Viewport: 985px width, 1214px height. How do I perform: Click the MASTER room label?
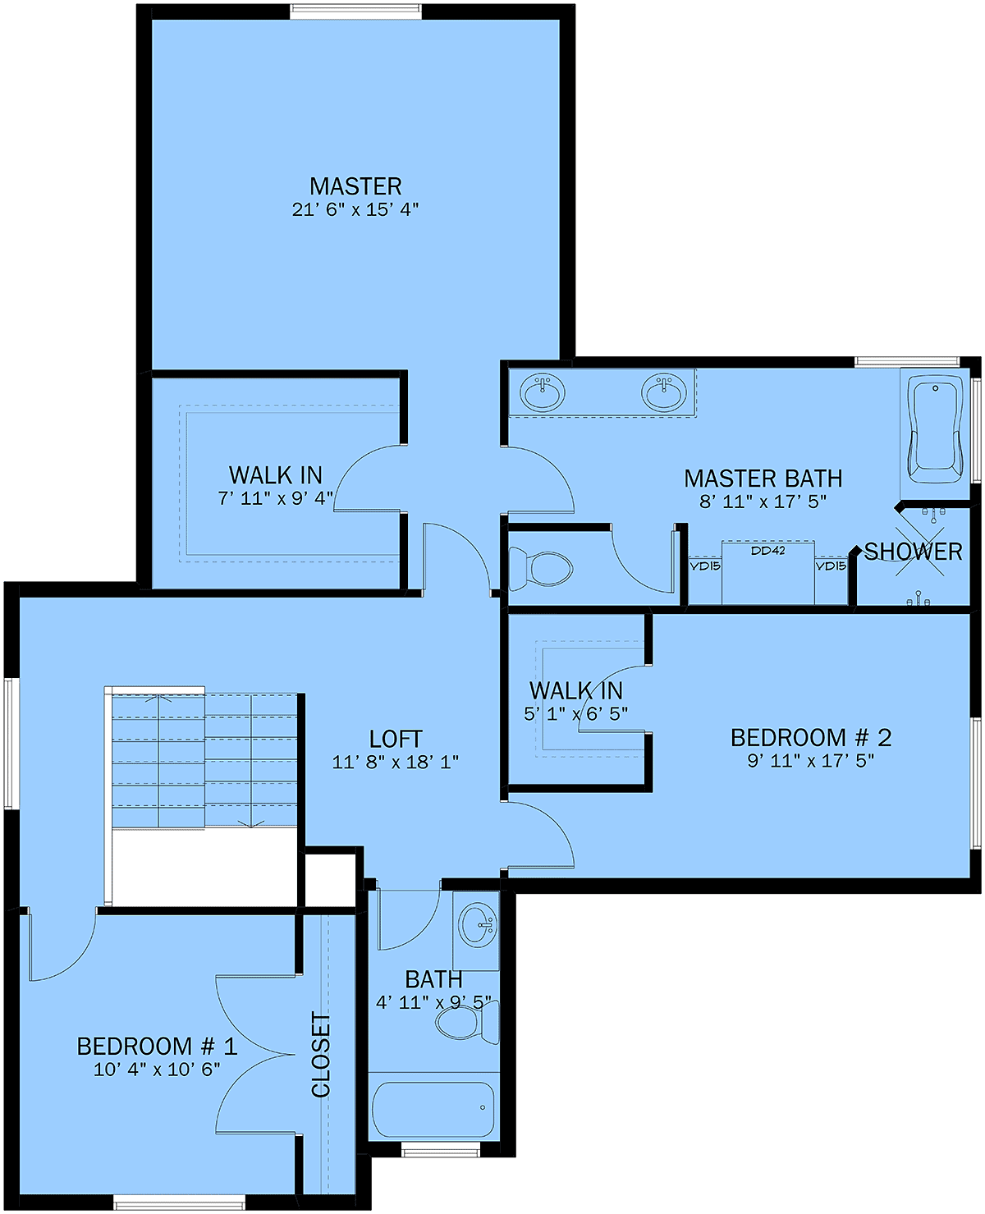[355, 186]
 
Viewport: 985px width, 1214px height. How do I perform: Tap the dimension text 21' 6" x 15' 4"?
[355, 210]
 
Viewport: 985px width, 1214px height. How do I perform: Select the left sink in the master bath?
[542, 392]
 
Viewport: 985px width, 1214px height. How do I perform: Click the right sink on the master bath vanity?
[663, 392]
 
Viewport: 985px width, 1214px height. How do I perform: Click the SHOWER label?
[913, 551]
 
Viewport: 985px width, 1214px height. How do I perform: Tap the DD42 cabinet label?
[767, 551]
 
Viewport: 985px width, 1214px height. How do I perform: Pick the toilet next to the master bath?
[540, 568]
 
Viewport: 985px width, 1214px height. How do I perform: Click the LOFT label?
[396, 739]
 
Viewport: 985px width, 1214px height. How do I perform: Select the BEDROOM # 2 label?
[811, 738]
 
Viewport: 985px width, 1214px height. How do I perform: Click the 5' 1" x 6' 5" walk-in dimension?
[575, 713]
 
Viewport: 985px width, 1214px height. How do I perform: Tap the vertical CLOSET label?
[321, 1055]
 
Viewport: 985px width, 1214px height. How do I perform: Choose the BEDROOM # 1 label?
[157, 1047]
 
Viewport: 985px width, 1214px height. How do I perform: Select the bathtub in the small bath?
[433, 1109]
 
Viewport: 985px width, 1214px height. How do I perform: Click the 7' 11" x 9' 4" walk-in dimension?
[275, 498]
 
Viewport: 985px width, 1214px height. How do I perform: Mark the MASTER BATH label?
[763, 479]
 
